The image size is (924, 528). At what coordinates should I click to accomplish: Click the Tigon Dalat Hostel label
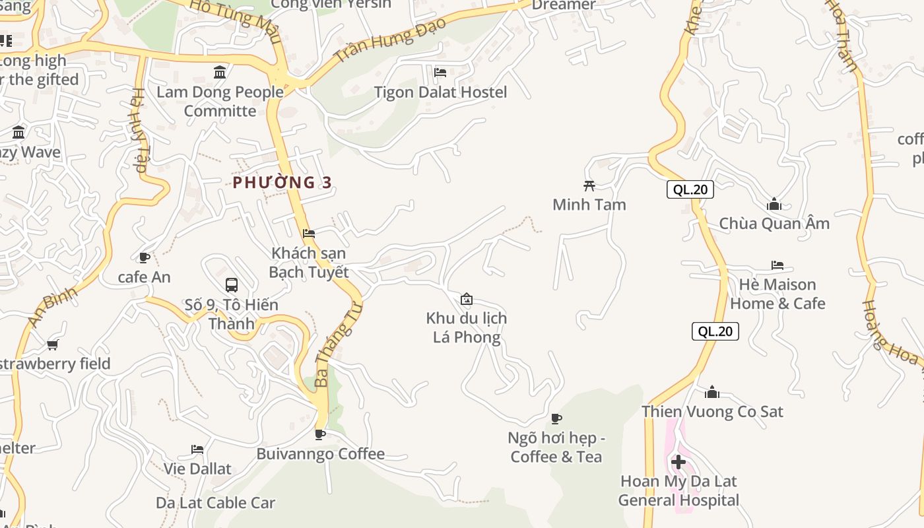click(x=440, y=92)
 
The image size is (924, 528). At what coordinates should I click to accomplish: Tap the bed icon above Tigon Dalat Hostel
click(x=440, y=72)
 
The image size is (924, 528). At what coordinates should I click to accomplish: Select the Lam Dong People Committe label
click(x=220, y=101)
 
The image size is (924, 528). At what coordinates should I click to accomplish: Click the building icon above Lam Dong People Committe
click(x=220, y=71)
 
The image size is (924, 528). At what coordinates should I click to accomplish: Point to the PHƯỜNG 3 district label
click(x=282, y=182)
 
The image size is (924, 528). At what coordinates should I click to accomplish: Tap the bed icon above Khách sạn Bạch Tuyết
click(x=308, y=233)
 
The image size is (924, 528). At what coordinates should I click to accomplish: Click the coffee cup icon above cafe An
click(x=145, y=257)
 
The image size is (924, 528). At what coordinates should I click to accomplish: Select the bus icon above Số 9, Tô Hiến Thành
click(x=232, y=285)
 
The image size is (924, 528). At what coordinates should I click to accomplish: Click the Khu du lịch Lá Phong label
click(x=466, y=327)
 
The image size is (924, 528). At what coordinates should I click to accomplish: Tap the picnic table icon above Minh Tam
click(x=589, y=185)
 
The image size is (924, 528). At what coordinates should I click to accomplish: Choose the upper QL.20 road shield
click(x=690, y=189)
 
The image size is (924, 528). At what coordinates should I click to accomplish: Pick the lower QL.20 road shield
click(x=715, y=331)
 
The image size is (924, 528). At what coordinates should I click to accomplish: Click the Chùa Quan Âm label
click(x=774, y=223)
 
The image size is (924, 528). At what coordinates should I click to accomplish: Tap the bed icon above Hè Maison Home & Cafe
click(x=777, y=265)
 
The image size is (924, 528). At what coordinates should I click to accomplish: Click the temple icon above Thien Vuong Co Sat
click(x=711, y=392)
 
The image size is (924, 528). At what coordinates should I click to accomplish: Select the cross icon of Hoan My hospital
click(x=678, y=461)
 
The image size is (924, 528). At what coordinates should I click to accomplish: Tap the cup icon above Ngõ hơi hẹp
click(x=556, y=418)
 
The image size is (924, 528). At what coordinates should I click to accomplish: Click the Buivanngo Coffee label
click(x=320, y=454)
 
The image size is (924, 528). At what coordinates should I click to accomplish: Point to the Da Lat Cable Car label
click(x=215, y=502)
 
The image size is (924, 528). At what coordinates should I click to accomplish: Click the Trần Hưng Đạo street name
click(x=390, y=40)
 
